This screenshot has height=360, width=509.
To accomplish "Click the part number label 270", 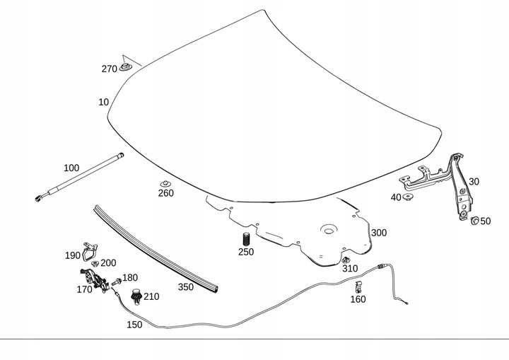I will click(109, 69).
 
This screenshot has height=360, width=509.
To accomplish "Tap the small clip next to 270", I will click(126, 67).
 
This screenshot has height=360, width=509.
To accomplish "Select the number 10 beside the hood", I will click(103, 102).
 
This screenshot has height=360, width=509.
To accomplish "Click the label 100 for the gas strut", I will click(71, 168).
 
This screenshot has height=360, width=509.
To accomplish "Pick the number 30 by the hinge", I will click(474, 182).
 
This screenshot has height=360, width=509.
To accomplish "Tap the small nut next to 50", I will click(474, 221).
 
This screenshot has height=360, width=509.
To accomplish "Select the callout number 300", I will click(379, 233).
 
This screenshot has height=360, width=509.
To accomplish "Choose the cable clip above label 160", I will click(359, 286).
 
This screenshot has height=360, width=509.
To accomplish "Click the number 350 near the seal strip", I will click(185, 287).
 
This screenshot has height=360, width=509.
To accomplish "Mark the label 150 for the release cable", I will click(134, 325).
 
